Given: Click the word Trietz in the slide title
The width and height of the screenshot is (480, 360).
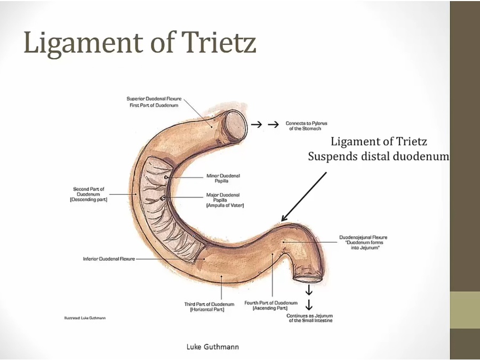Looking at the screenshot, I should (x=218, y=43).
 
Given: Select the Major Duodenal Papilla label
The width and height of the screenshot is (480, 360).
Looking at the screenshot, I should (x=223, y=200).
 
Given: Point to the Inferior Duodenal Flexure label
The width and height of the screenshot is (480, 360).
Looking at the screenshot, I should (x=109, y=259).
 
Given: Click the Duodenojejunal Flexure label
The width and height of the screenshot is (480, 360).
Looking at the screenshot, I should (x=363, y=242).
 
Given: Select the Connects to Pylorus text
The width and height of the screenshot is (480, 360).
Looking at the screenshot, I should (x=306, y=126).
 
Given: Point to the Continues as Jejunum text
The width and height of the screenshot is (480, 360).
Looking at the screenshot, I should (x=309, y=318).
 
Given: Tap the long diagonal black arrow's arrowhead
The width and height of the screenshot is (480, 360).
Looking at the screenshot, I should (x=284, y=219).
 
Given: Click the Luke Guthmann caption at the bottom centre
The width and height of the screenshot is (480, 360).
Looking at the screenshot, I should (x=212, y=347).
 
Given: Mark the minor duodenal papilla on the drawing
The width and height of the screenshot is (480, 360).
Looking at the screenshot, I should (x=167, y=177).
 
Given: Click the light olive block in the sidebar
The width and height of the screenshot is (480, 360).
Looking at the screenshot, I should (x=465, y=310).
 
